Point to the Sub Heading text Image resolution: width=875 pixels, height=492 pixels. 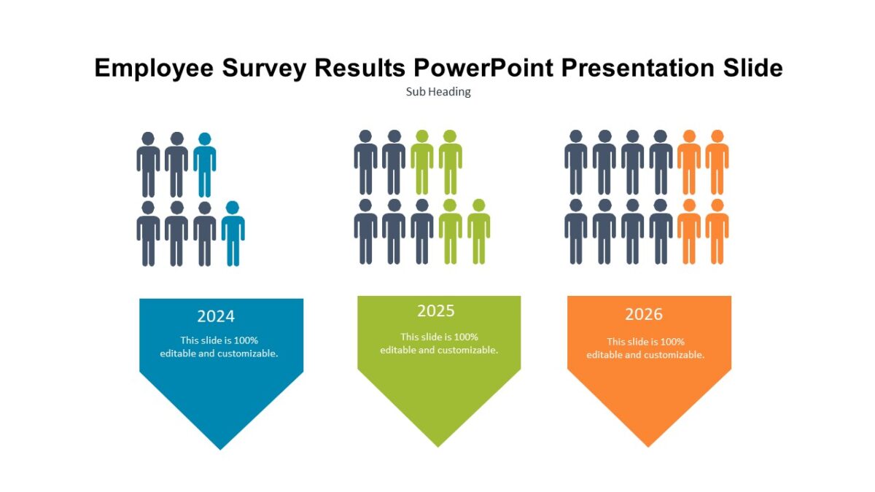coord(437,92)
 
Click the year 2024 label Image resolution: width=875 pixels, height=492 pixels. coord(216,316)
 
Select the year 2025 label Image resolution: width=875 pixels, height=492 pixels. coord(436,311)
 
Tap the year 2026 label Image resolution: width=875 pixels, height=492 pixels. coord(644,314)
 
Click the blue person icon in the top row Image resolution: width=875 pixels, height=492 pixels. coord(205,164)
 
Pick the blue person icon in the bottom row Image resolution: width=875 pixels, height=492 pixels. coord(233,233)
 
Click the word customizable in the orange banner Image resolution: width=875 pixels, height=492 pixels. coord(672,355)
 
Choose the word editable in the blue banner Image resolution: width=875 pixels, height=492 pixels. coord(178,354)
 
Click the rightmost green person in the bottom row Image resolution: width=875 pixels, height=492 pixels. coord(478,231)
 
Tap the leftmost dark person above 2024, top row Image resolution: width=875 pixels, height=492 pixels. coord(148,164)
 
